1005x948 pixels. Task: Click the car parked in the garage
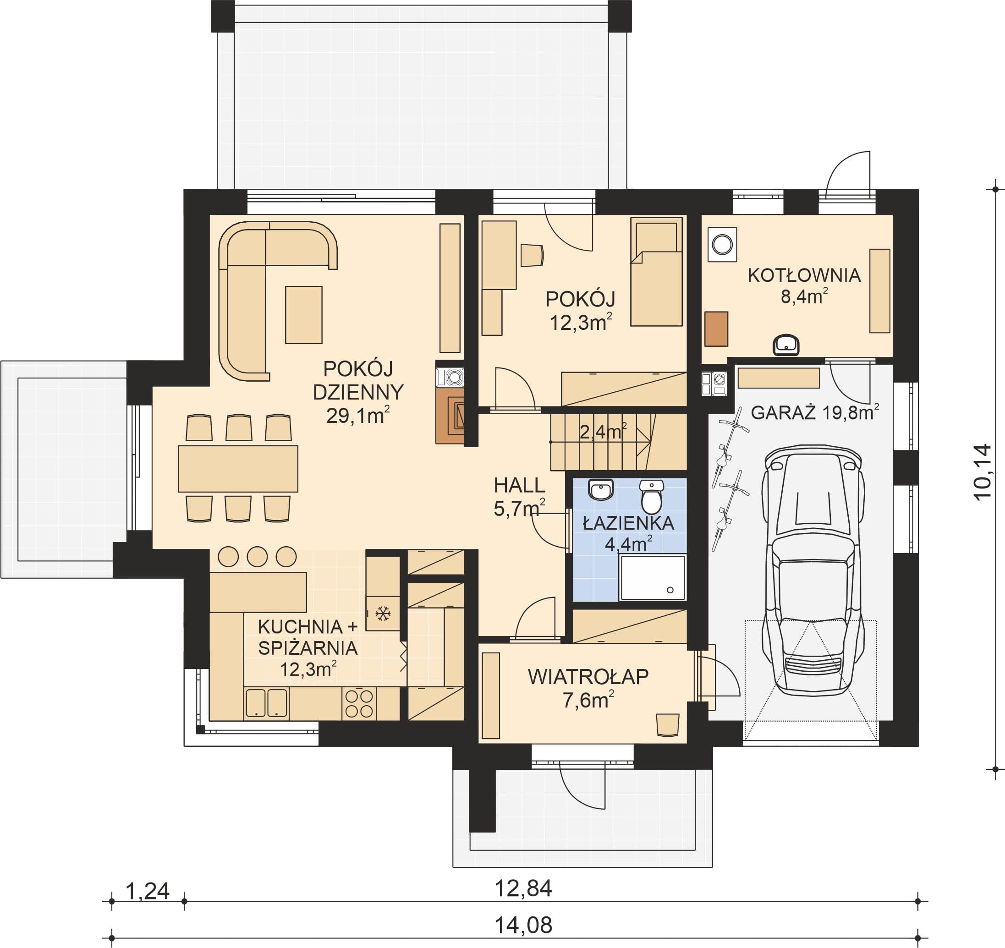tap(813, 571)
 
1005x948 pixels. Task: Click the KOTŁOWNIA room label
tap(804, 275)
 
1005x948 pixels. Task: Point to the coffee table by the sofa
tap(304, 315)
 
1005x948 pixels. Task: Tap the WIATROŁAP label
tap(588, 677)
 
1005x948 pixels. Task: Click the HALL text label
tap(519, 486)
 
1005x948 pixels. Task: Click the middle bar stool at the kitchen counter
tap(257, 556)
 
